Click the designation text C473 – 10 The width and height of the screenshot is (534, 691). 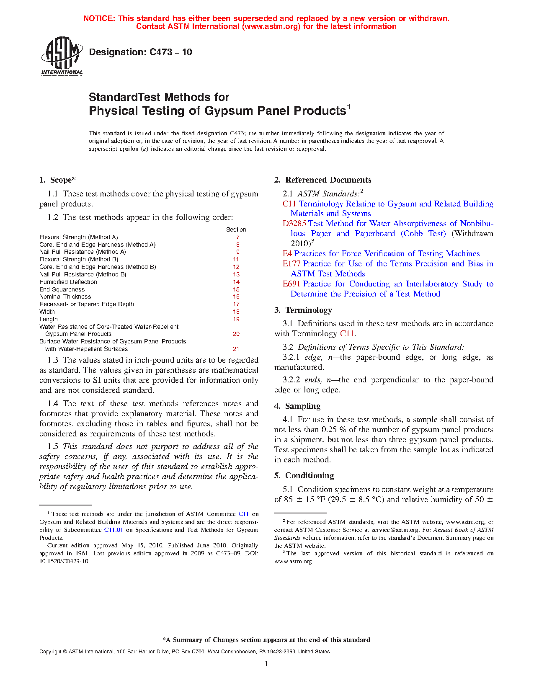tap(140, 52)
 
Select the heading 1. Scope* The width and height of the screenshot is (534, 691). tap(57, 180)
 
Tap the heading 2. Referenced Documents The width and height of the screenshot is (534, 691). tap(322, 180)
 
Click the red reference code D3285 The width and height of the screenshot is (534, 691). tap(294, 224)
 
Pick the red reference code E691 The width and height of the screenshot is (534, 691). tap(292, 284)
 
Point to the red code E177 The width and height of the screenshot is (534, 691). tap(292, 264)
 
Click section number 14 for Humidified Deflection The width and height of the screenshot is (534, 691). tap(236, 282)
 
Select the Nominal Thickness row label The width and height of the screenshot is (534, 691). tap(65, 297)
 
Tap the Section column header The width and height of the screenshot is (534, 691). tap(236, 229)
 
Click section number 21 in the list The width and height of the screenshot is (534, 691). tap(236, 349)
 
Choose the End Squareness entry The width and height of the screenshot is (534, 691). tap(62, 289)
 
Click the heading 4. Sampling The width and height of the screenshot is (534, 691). tap(297, 406)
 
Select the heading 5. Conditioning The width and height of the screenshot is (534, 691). tap(304, 476)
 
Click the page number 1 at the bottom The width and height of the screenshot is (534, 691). tap(266, 664)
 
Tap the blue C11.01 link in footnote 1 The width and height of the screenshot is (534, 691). tap(114, 530)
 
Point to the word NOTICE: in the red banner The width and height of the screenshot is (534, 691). tap(99, 18)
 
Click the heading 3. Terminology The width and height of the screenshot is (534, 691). tap(303, 310)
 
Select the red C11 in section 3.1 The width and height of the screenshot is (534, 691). tap(347, 334)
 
